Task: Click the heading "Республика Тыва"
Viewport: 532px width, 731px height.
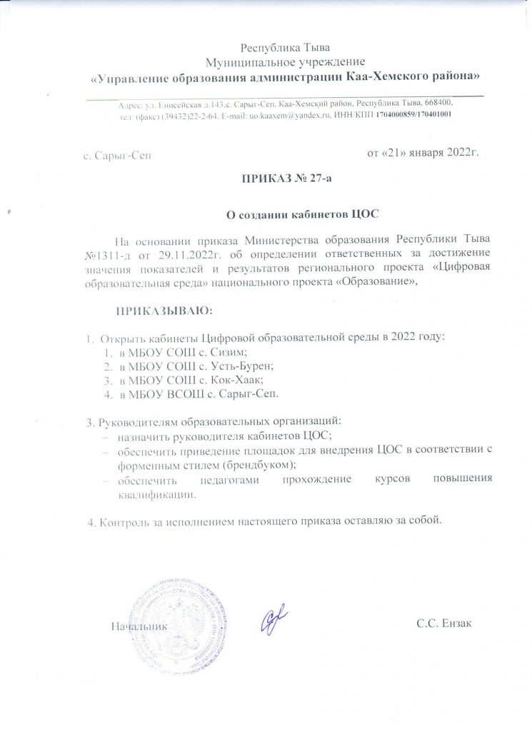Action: click(x=285, y=49)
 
